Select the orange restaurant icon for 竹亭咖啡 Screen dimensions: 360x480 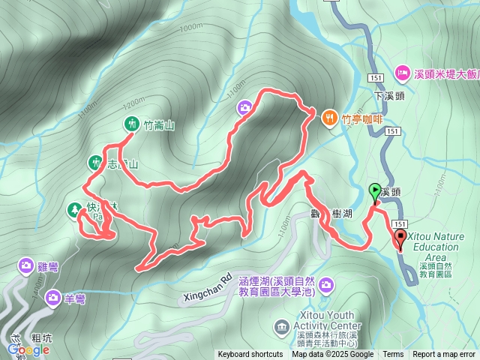click(329, 118)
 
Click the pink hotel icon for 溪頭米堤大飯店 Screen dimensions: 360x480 click(402, 73)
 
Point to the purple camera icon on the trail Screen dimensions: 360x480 click(244, 109)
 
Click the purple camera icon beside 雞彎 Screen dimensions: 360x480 click(26, 265)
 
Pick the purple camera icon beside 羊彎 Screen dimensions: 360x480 click(52, 298)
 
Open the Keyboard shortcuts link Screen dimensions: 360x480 click(250, 355)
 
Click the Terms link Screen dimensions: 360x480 click(393, 355)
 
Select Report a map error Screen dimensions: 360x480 click(444, 355)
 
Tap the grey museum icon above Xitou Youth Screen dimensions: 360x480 click(281, 326)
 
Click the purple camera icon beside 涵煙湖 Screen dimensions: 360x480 click(326, 284)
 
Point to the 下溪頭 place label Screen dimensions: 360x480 click(388, 96)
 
